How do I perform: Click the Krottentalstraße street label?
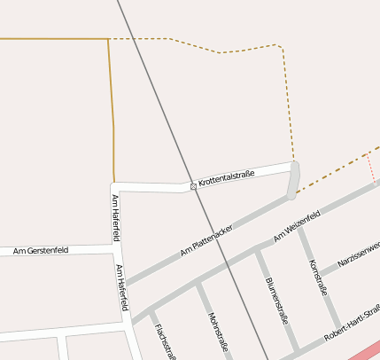tap(227, 177)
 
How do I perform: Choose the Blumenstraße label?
tap(275, 301)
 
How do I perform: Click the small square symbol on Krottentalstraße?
tap(194, 186)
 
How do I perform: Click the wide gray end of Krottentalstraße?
tap(293, 179)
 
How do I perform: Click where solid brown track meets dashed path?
tap(109, 39)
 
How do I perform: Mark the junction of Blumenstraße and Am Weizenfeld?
tap(257, 249)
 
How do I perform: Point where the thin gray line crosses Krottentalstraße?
tap(189, 184)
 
